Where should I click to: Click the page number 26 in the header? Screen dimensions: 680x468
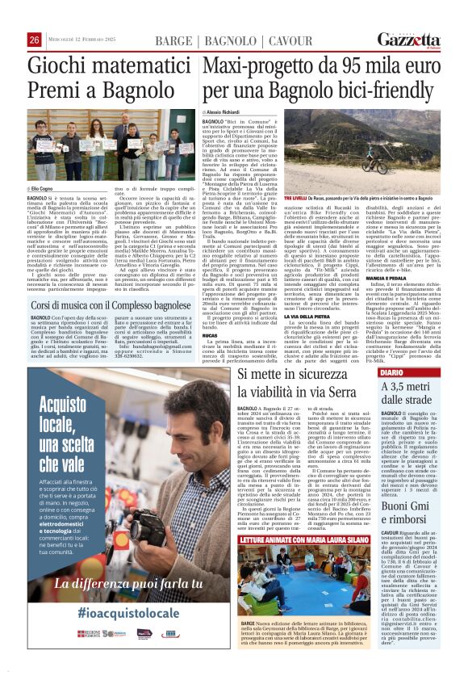click(x=35, y=40)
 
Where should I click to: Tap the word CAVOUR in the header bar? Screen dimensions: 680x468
click(x=290, y=40)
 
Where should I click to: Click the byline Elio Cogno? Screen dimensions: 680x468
click(x=42, y=187)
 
